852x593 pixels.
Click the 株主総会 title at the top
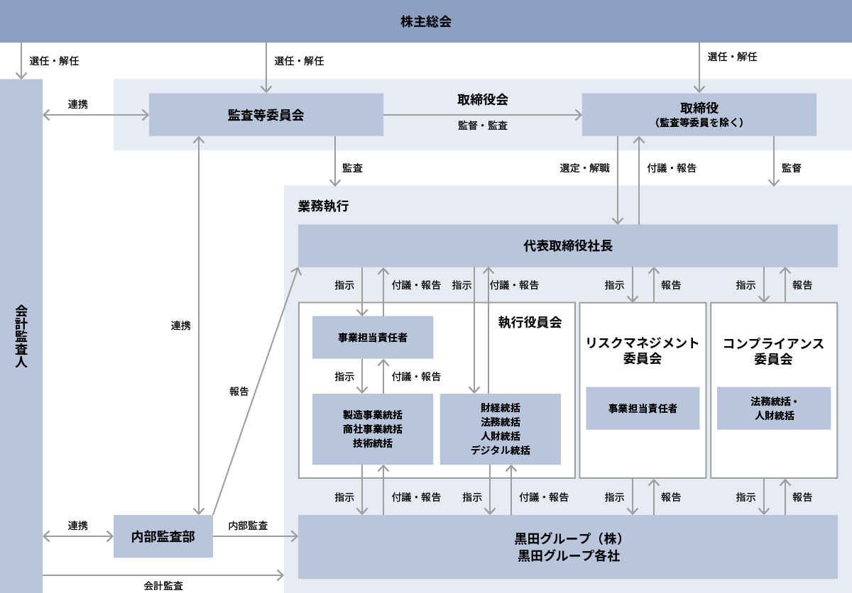[x=425, y=22]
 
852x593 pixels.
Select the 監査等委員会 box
[x=266, y=114]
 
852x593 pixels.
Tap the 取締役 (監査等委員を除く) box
[x=699, y=114]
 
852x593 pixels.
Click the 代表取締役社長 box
[x=567, y=245]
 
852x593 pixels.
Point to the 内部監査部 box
[x=163, y=536]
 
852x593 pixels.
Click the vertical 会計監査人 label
[x=21, y=336]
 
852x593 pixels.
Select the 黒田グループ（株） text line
[x=568, y=538]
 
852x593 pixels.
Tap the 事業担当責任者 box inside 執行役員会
[x=372, y=337]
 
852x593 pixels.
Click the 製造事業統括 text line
[x=372, y=414]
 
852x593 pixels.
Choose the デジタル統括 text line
[x=500, y=450]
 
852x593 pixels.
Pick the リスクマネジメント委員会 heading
[x=642, y=350]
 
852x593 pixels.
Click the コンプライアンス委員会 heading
[x=773, y=351]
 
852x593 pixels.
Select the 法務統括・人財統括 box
[x=774, y=408]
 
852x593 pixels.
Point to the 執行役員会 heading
[x=530, y=322]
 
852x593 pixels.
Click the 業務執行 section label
[x=323, y=206]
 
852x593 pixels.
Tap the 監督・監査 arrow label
[x=482, y=126]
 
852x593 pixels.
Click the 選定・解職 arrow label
[x=584, y=168]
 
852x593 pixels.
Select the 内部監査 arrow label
[x=248, y=526]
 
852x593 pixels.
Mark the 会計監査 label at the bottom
[x=163, y=585]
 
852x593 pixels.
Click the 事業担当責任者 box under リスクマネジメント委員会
[x=643, y=408]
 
